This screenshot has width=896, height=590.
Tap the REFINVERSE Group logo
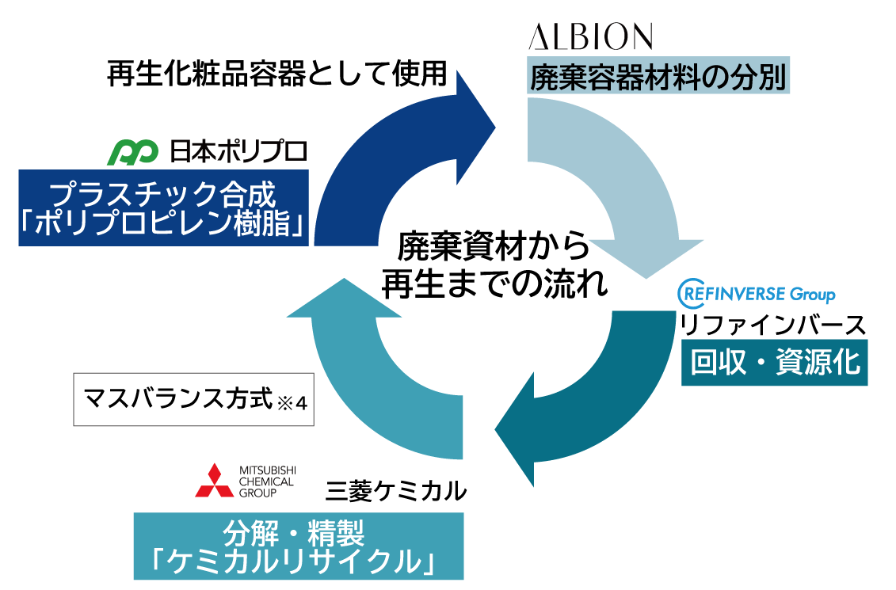757,294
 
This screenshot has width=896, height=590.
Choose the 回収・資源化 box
774,362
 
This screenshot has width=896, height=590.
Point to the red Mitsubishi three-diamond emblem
214,481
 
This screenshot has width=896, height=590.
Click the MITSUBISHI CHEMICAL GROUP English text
267,482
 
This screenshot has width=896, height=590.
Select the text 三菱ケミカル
395,491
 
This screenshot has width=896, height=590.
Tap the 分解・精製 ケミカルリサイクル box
299,546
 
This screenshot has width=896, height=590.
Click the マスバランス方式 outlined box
194,399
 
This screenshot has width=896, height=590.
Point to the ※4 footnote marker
292,404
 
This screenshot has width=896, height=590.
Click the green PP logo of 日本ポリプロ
132,153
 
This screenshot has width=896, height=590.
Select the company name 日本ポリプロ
238,152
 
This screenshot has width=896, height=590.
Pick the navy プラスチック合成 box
163,208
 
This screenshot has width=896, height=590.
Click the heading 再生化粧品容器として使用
276,74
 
